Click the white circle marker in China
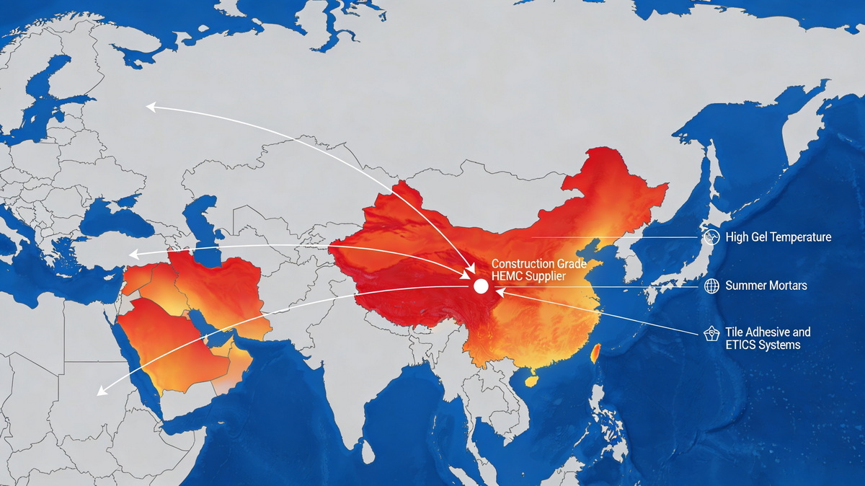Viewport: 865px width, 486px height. point(481,286)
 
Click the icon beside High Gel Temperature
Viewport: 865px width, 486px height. point(711,237)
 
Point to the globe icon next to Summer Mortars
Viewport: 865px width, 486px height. point(711,286)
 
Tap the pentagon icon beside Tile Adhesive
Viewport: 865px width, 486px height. point(711,333)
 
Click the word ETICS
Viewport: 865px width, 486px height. point(742,345)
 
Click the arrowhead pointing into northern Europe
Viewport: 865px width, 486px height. point(150,107)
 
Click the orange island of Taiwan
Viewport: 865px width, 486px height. point(595,353)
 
